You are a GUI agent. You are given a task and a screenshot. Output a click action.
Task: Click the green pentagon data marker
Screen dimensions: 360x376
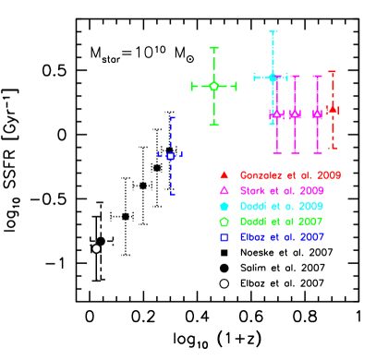(x=214, y=86)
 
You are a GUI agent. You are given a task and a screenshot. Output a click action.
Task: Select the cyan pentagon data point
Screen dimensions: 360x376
(x=273, y=78)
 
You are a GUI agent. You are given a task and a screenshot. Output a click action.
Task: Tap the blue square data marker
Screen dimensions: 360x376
(x=171, y=156)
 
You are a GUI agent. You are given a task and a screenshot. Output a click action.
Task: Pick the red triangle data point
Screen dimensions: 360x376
(x=333, y=110)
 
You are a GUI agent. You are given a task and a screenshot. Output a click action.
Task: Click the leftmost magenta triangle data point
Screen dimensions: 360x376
(x=276, y=114)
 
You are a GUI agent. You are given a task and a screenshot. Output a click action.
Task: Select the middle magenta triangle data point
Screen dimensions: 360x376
(x=295, y=114)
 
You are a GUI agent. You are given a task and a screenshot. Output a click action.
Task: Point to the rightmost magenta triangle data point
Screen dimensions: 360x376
(x=317, y=114)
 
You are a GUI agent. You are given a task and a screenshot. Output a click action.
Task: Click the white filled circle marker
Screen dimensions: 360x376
(x=96, y=248)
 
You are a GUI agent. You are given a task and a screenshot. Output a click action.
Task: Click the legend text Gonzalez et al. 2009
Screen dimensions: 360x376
(x=290, y=175)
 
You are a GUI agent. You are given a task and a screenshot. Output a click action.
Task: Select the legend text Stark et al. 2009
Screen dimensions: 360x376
(x=282, y=191)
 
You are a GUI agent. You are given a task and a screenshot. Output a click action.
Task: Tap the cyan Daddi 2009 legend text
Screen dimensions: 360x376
(x=281, y=207)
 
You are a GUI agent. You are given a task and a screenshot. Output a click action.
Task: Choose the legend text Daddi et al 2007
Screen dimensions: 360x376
(x=281, y=222)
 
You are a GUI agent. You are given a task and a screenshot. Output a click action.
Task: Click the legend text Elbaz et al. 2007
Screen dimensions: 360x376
(x=282, y=238)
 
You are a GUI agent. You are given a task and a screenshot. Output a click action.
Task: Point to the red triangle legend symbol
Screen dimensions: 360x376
(x=224, y=174)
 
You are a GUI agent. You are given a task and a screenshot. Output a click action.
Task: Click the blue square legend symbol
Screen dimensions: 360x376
(x=224, y=238)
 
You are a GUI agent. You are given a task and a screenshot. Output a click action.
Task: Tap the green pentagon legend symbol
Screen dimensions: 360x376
(x=224, y=222)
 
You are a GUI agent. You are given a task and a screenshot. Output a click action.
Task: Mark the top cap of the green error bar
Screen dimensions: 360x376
(x=214, y=48)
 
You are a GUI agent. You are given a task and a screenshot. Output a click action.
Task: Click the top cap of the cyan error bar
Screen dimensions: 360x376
(x=273, y=32)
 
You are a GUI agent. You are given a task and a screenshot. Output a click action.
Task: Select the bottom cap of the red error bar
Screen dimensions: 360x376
(x=333, y=147)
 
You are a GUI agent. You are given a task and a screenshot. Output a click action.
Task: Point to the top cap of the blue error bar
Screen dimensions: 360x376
(x=172, y=118)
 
